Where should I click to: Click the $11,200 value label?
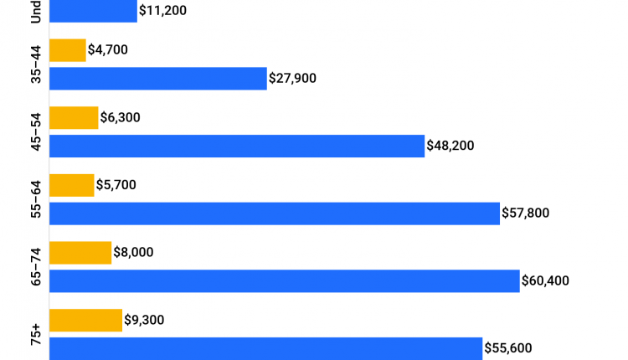pos(163,12)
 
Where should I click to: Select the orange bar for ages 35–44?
pos(68,50)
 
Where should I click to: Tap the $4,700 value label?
pos(108,50)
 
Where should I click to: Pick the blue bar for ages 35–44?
pos(158,79)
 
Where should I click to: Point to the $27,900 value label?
pos(293,79)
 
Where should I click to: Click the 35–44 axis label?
pos(35,64)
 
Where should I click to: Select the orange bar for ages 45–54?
pos(74,118)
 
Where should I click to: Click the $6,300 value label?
pos(120,118)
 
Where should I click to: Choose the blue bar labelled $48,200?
pos(237,146)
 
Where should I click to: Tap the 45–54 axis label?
pos(35,131)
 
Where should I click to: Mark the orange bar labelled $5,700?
pos(72,185)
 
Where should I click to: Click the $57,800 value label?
pos(526,213)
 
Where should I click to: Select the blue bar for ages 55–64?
pos(275,213)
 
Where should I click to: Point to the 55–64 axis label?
pos(35,199)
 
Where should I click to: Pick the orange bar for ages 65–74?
pos(80,253)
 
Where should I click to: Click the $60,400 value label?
pos(545,280)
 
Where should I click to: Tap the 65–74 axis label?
pos(35,266)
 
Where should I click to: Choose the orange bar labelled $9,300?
pos(86,320)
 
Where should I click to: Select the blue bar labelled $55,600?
pos(266,348)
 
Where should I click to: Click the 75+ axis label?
pos(35,334)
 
